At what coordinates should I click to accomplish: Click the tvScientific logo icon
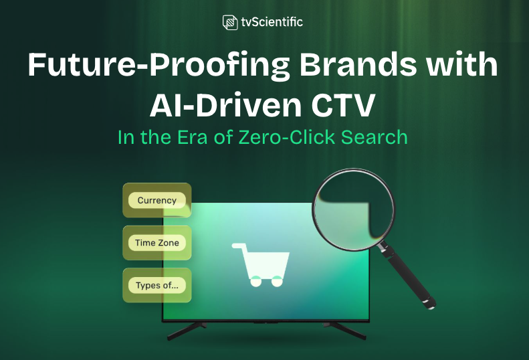coord(230,22)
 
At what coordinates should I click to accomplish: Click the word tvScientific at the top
coord(272,22)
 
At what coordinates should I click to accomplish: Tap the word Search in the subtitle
coord(376,137)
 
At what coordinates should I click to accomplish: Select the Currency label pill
coord(157,200)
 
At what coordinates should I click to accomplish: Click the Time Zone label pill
coord(157,243)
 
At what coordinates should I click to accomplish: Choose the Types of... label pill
coord(157,286)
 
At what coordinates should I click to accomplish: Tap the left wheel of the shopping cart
coord(255,282)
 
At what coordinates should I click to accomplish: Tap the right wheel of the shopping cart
coord(275,282)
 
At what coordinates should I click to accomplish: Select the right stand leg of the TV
coord(344,330)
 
